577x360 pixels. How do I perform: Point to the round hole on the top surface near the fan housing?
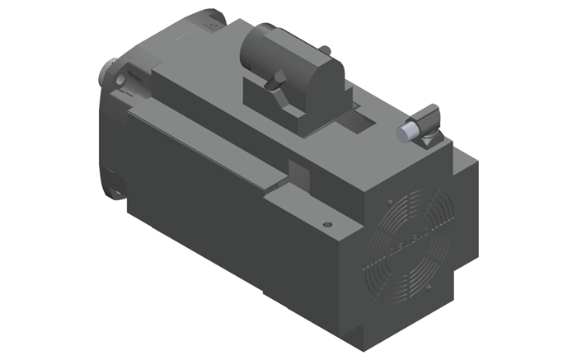click(328, 223)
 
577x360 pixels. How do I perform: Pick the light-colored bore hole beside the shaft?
click(121, 80)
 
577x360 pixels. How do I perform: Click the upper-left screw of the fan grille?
click(387, 201)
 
